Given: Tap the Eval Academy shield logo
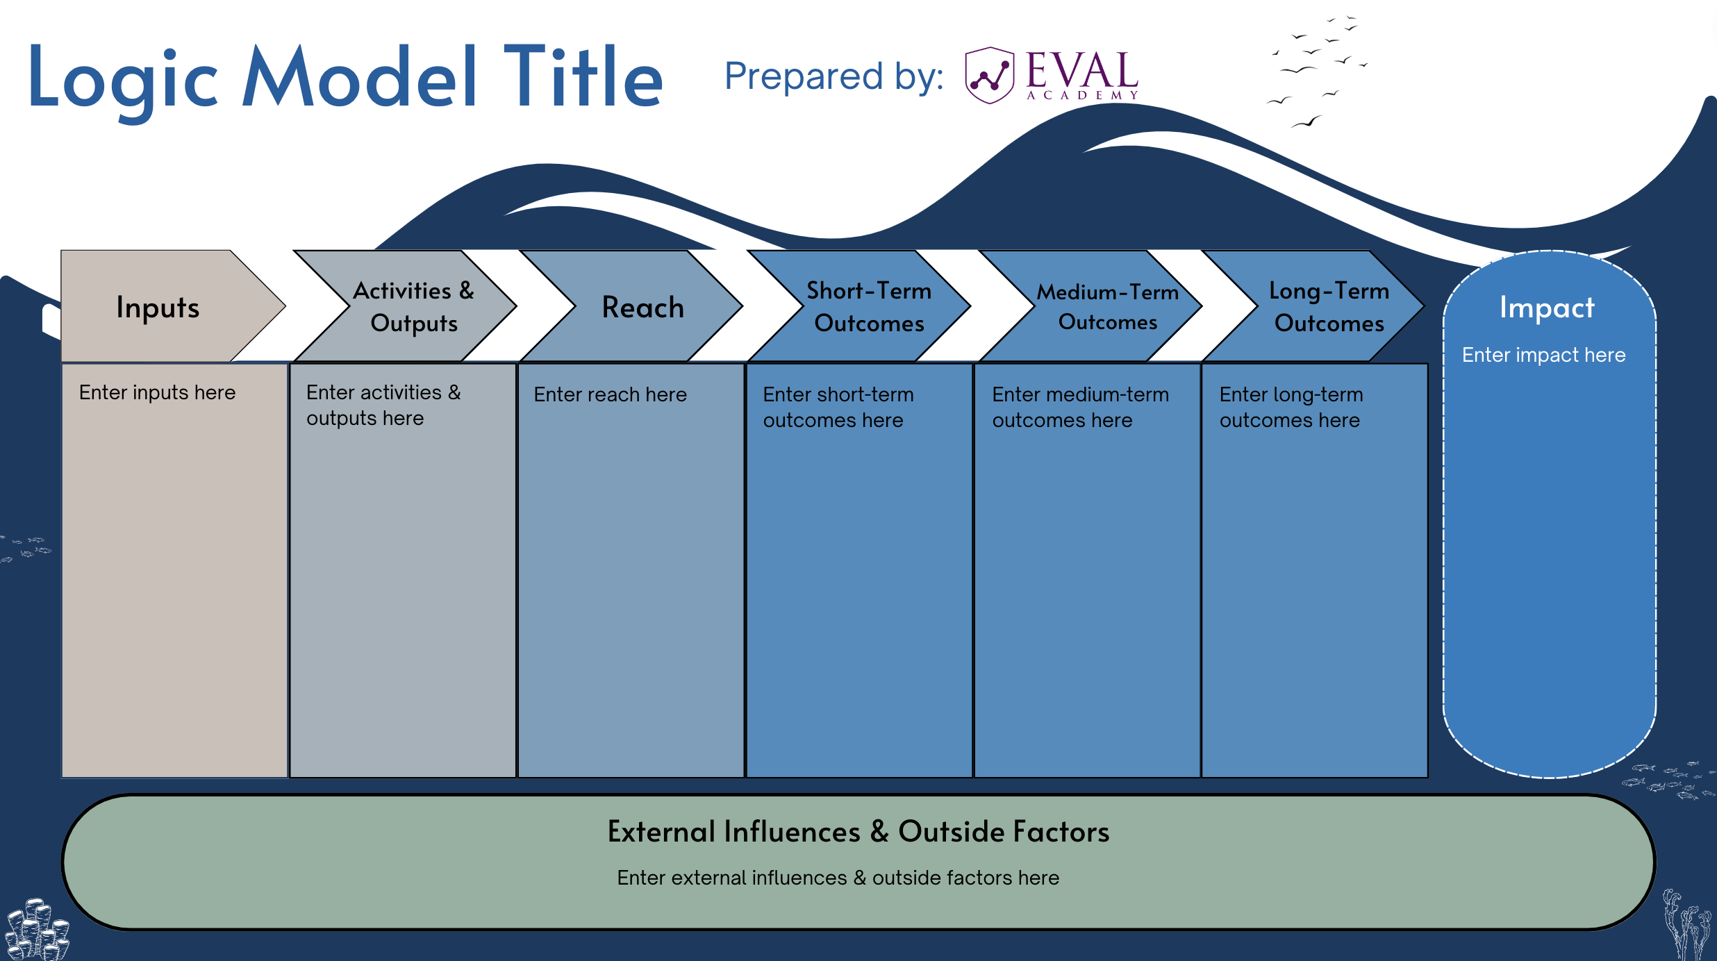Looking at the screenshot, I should point(989,75).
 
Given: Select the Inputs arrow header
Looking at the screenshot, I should point(158,307).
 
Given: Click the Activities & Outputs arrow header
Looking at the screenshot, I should point(413,307).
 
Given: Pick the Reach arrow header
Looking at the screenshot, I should point(642,307).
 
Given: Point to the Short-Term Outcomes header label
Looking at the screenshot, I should point(869,307).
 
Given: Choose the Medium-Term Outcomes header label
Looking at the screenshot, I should point(1107,307).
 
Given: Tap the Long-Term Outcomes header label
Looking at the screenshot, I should point(1329,307).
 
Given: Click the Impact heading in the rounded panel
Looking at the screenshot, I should point(1546,307).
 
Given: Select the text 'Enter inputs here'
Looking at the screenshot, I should point(157,392).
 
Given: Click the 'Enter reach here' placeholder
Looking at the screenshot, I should point(610,394).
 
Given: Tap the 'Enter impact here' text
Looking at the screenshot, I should point(1543,355).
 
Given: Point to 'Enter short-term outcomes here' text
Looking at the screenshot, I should point(838,407).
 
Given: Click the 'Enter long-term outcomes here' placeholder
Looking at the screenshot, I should point(1291,407).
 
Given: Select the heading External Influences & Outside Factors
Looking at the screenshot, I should point(858,831).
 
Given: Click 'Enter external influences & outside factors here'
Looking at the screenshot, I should point(838,878).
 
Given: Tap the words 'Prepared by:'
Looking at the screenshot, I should point(833,76).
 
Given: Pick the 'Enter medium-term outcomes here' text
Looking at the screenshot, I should point(1080,407).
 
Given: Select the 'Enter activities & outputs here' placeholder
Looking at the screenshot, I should point(383,405).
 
